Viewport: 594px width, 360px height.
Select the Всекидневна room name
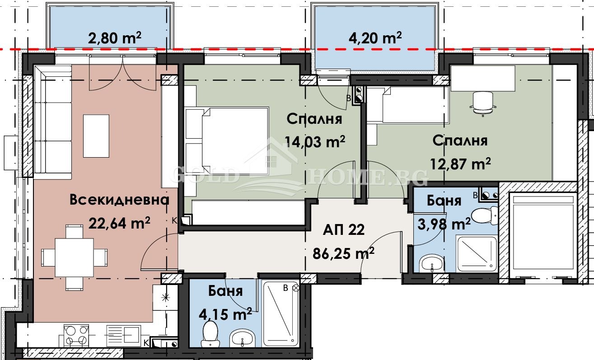coord(119,200)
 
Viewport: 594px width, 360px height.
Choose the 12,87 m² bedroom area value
coord(460,164)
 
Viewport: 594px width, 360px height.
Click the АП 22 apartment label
coord(343,230)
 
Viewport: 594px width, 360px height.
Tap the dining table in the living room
coord(75,257)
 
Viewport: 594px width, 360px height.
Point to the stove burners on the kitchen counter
coord(75,335)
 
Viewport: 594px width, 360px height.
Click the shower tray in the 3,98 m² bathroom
coord(476,253)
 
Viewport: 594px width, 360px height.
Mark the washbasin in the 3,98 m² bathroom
coord(432,263)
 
